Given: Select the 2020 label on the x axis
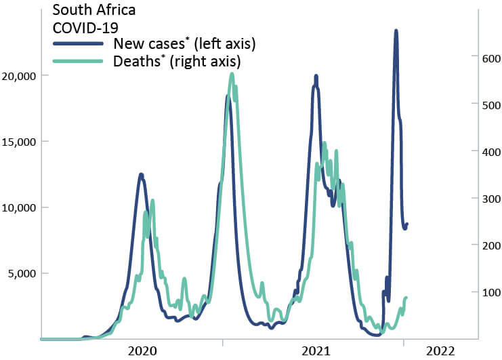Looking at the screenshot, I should pos(142,351).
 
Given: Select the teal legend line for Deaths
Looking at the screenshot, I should pos(79,61).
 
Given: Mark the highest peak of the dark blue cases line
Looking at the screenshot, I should pos(396,31).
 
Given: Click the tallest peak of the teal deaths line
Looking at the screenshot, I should pos(232,74).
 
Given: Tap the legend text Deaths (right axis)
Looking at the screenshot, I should pos(178,61).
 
